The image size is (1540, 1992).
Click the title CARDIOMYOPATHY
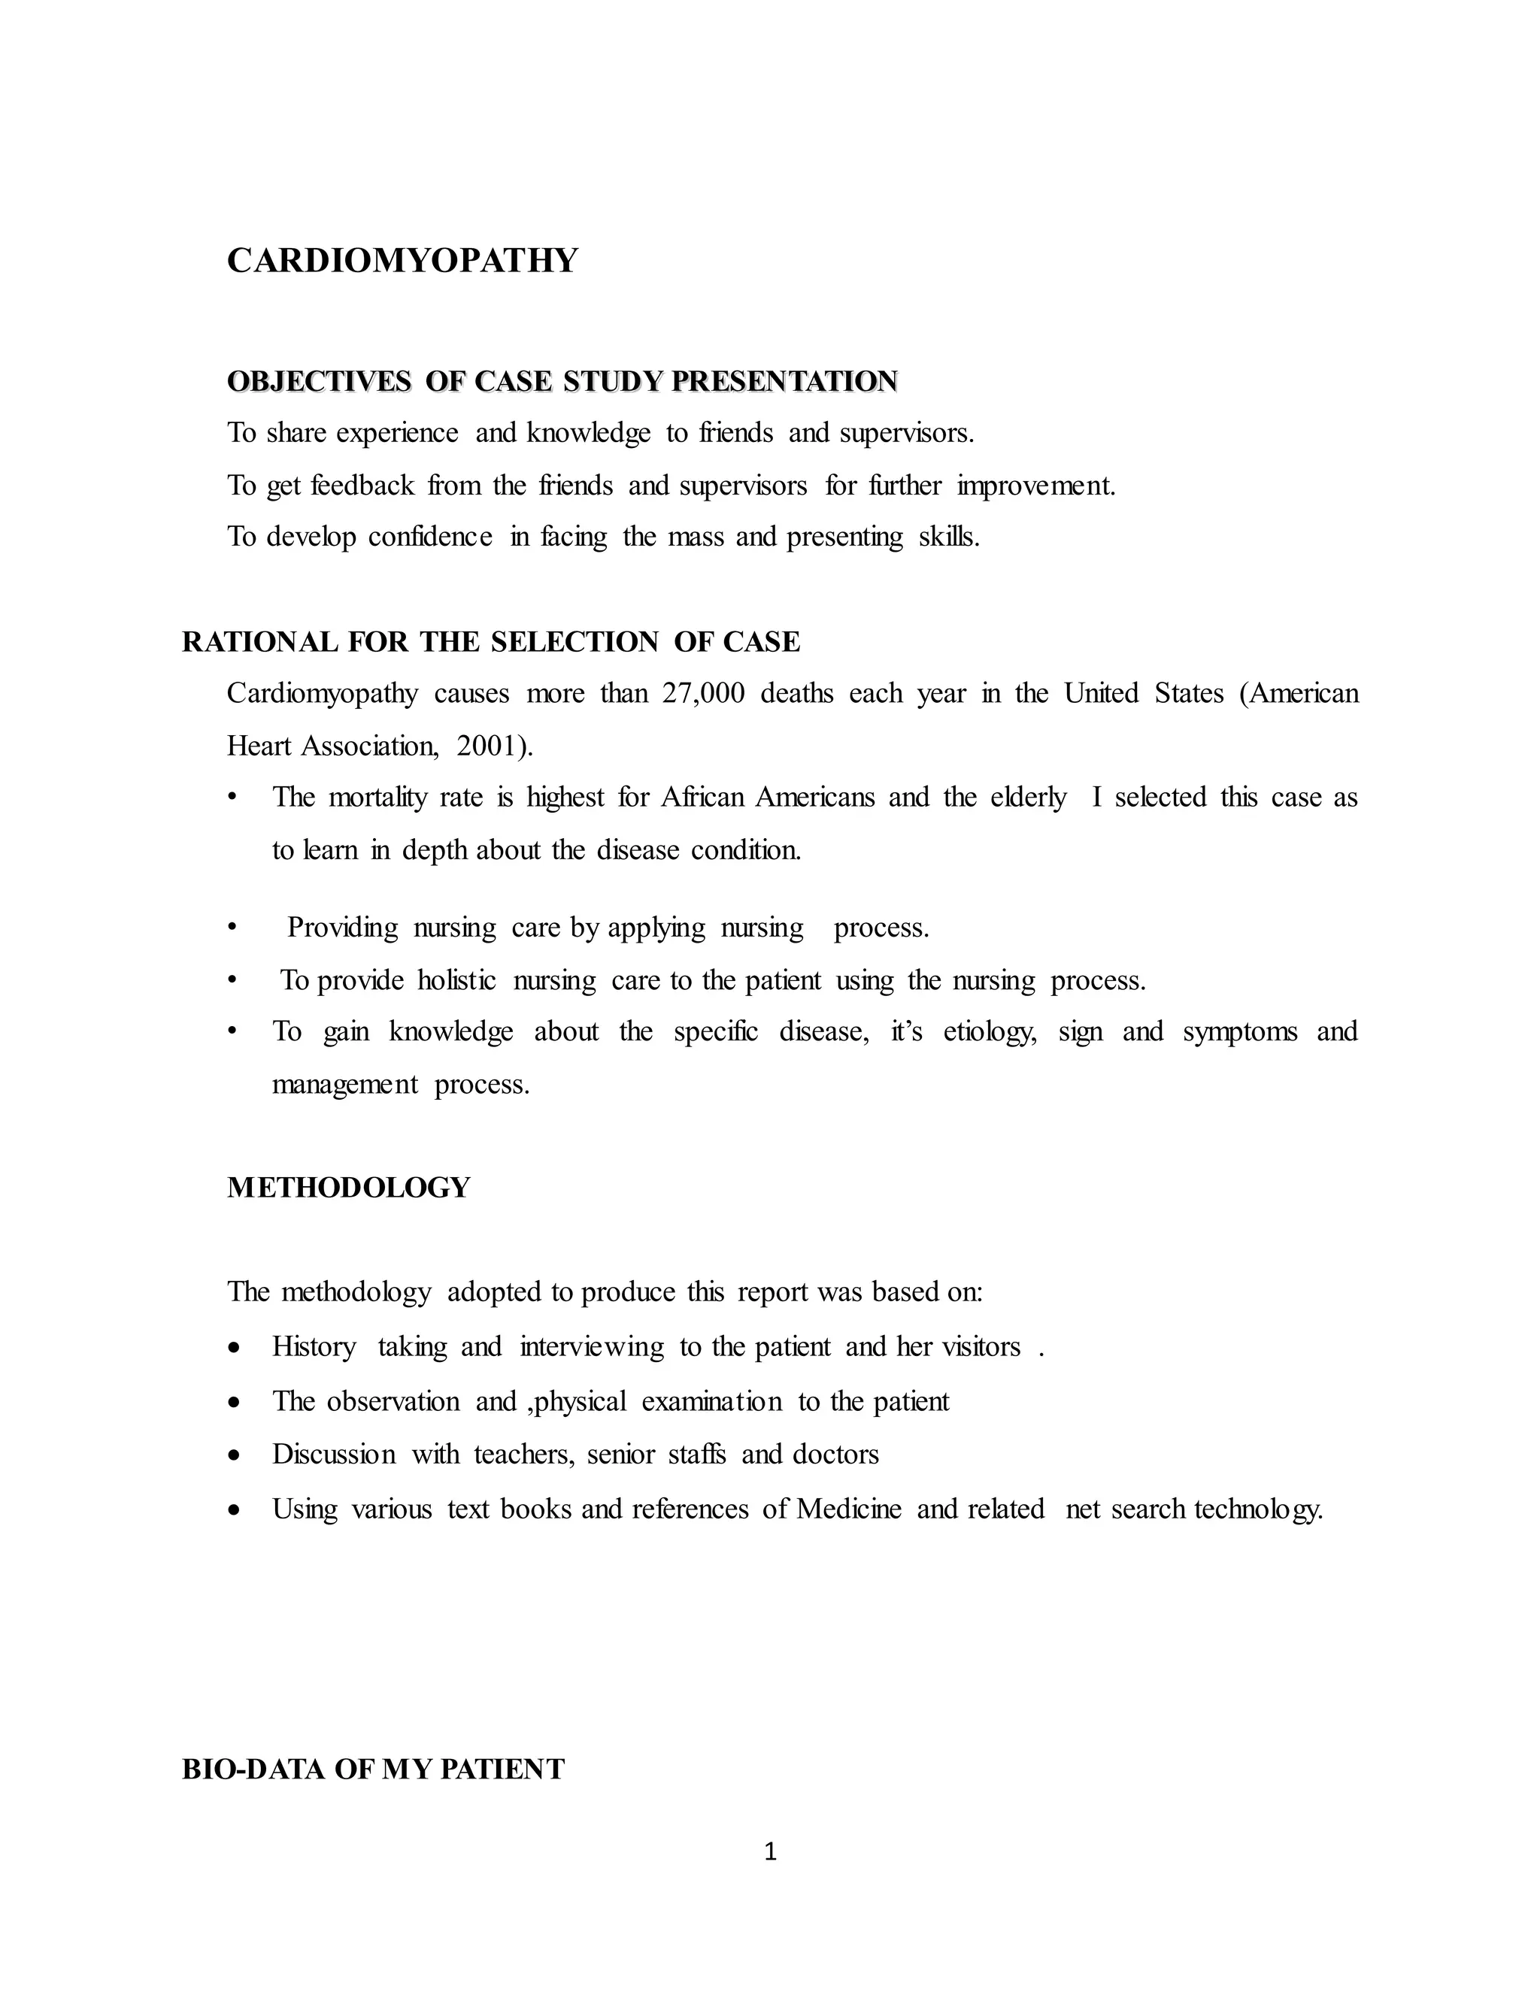point(402,261)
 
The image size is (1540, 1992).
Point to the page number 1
point(770,1851)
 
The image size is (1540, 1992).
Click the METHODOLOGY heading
point(348,1188)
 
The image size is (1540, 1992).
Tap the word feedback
point(362,486)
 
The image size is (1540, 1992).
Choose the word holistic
point(456,980)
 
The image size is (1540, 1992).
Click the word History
point(314,1347)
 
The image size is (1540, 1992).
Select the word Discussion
point(334,1454)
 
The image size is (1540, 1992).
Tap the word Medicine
point(848,1509)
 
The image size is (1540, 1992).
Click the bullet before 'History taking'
point(235,1348)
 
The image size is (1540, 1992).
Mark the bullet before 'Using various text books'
point(235,1510)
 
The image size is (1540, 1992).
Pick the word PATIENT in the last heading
point(503,1769)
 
